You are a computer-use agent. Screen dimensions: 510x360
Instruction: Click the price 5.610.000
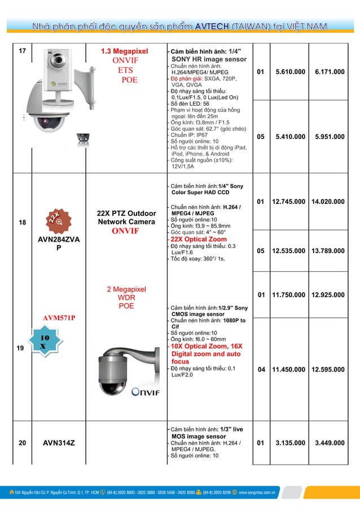(x=290, y=72)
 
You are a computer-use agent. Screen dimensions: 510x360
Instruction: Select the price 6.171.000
(x=330, y=72)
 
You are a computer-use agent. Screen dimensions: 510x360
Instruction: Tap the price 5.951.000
(x=330, y=137)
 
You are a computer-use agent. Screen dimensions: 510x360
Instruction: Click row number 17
(x=22, y=51)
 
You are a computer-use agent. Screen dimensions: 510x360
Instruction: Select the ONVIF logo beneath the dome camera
(x=146, y=393)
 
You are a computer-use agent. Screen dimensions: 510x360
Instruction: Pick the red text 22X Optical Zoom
(x=199, y=239)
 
